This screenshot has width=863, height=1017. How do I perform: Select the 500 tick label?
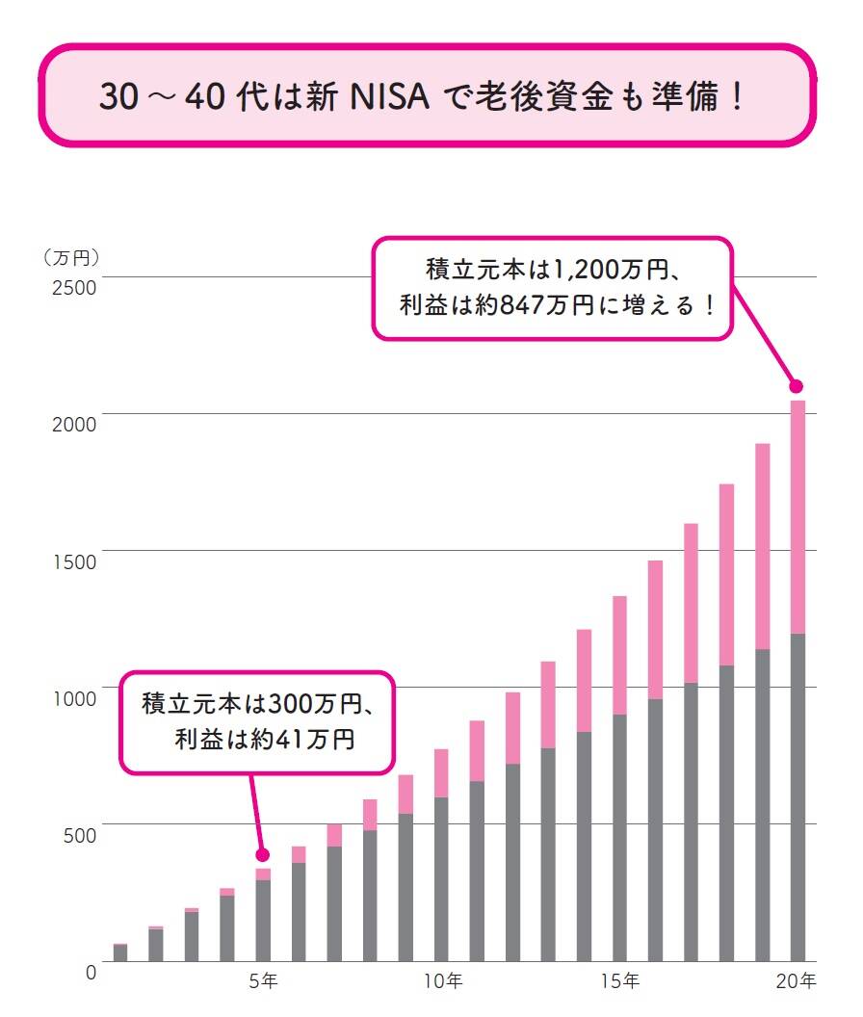78,834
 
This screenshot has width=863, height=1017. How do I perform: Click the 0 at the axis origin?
91,972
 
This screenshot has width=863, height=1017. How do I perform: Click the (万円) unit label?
71,258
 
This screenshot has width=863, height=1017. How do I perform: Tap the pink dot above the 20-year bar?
797,386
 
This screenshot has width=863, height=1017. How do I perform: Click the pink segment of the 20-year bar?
798,516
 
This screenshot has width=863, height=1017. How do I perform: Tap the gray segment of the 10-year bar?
442,878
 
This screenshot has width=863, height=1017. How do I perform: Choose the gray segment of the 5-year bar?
263,920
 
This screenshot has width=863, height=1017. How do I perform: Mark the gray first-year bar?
120,952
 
